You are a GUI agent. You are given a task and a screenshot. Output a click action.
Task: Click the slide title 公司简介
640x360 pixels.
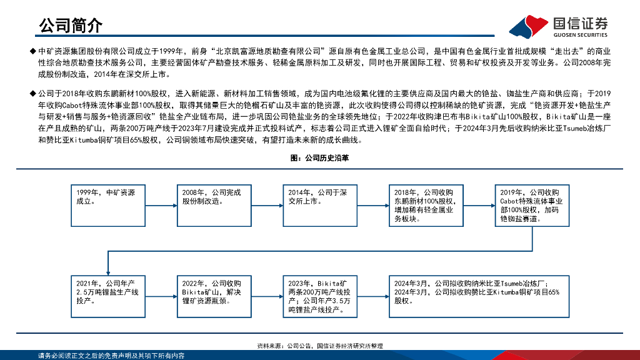click(x=70, y=26)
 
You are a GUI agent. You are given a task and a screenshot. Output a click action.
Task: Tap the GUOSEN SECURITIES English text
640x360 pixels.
click(x=581, y=35)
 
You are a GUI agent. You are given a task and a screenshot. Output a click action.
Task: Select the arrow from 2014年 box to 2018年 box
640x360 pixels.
click(x=374, y=206)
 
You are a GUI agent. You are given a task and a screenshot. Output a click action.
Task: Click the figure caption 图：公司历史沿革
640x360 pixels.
click(x=320, y=159)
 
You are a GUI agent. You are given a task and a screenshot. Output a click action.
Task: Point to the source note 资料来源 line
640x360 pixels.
click(x=320, y=346)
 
